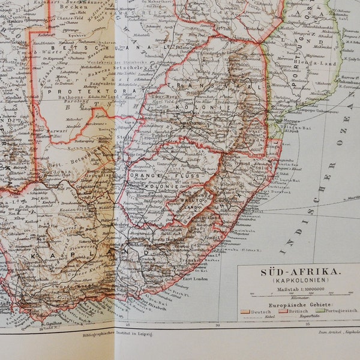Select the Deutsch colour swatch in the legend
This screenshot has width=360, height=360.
(245, 311)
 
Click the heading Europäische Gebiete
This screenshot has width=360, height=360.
(297, 306)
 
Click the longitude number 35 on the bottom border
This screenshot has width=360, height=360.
(307, 325)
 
